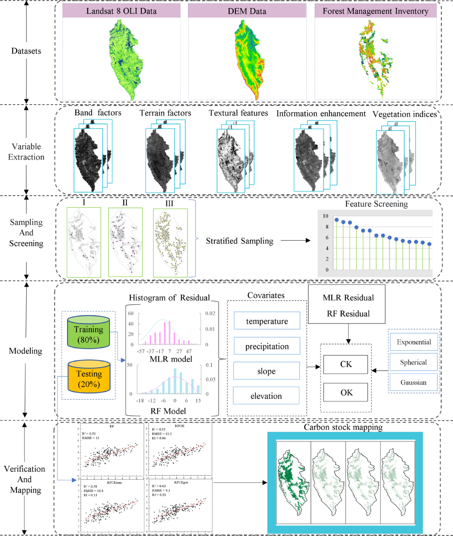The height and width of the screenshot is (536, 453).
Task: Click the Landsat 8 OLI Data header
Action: coord(121,11)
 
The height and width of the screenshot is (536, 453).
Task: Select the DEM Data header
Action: coord(247,11)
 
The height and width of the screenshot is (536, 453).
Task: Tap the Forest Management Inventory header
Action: coord(375,11)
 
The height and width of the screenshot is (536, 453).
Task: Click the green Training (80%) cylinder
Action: coord(88,332)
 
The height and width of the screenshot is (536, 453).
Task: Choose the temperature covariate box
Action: coord(267,321)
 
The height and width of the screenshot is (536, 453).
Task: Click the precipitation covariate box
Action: coord(267,346)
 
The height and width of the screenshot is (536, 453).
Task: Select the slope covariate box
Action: coord(266,371)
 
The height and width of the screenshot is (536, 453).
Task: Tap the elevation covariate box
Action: coord(266,396)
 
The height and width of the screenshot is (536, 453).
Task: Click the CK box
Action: coord(346,364)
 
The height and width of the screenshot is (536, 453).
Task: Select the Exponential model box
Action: coord(414,342)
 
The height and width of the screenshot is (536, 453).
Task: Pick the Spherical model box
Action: coord(413,362)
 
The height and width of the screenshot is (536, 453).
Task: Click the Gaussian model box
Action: coord(413,382)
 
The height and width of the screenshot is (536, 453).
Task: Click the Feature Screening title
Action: coord(376,204)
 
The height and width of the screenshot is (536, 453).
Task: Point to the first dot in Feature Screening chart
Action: coord(337,220)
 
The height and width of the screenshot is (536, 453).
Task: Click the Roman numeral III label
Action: coord(169,204)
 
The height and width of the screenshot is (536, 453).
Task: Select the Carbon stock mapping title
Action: coord(343,427)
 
